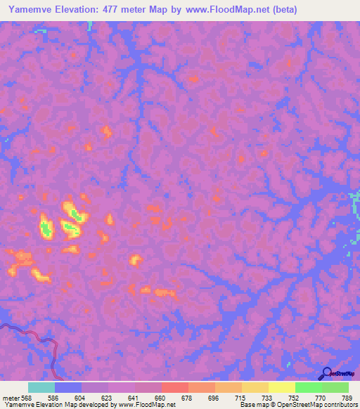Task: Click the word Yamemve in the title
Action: tap(29, 9)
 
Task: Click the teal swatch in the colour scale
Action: tap(41, 387)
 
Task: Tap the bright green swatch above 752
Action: tap(308, 387)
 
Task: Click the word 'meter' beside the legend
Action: tap(10, 397)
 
